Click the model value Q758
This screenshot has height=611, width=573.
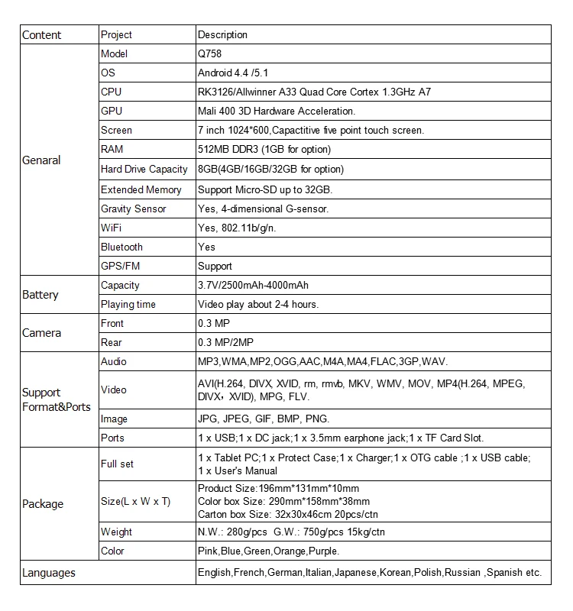coord(210,54)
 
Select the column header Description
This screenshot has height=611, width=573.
coord(222,35)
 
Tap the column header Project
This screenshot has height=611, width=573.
coord(116,35)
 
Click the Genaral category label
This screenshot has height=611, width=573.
coord(41,161)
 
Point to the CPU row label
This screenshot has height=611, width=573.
coord(111,92)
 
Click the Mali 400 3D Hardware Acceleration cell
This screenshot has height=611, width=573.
coord(276,112)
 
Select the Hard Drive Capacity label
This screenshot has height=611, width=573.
coord(144,169)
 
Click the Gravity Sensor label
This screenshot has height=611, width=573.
coord(133,209)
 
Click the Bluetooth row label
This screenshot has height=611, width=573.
coord(121,247)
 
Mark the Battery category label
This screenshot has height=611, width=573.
coord(40,295)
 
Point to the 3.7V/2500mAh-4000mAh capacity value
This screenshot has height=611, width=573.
coord(253,285)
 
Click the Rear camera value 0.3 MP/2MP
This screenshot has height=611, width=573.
coord(225,342)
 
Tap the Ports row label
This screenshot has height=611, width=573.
coord(112,438)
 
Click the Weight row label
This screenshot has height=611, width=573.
coord(116,532)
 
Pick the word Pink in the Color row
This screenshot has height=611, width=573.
coord(209,551)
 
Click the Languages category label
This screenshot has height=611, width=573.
coord(48,572)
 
